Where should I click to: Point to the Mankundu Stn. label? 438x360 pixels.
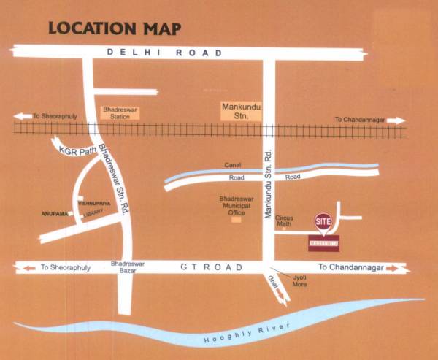pyautogui.click(x=241, y=110)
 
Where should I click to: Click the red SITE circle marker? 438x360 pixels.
pyautogui.click(x=323, y=220)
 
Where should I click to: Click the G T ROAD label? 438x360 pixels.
pyautogui.click(x=210, y=268)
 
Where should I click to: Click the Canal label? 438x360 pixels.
pyautogui.click(x=233, y=166)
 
